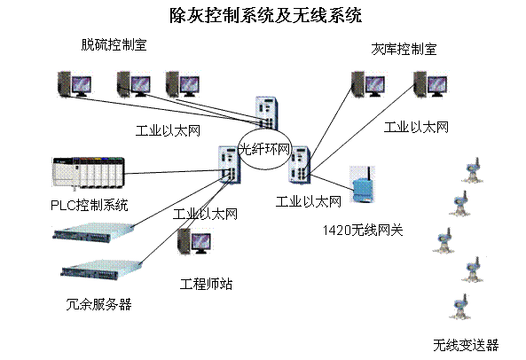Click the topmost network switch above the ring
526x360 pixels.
click(x=265, y=111)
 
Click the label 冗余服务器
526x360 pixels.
click(x=98, y=304)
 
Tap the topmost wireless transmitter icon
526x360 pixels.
click(x=472, y=169)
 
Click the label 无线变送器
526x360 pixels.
click(x=466, y=344)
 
